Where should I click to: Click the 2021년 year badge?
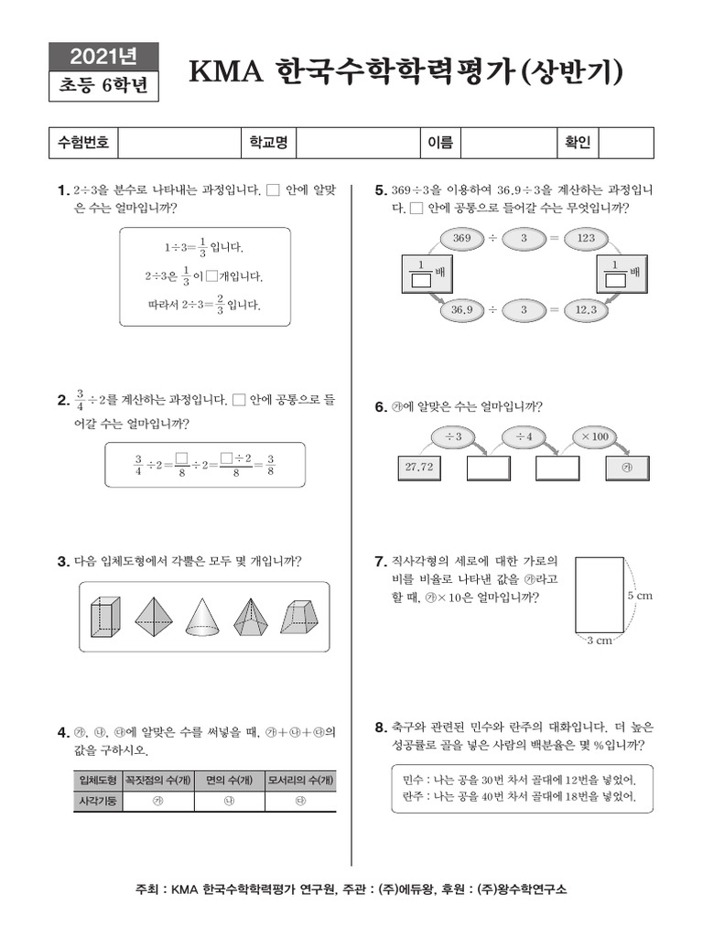(x=103, y=57)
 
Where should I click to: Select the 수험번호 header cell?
(x=83, y=143)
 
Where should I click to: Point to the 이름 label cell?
(x=440, y=143)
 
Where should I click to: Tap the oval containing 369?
(x=461, y=238)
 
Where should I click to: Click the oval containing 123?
(x=587, y=238)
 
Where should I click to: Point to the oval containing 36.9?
(x=461, y=310)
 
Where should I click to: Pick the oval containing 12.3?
(x=587, y=310)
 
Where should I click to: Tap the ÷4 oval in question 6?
(x=525, y=436)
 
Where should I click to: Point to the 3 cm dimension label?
(x=599, y=641)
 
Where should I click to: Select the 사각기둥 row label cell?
(x=98, y=801)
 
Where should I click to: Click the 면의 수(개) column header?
(x=223, y=780)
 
